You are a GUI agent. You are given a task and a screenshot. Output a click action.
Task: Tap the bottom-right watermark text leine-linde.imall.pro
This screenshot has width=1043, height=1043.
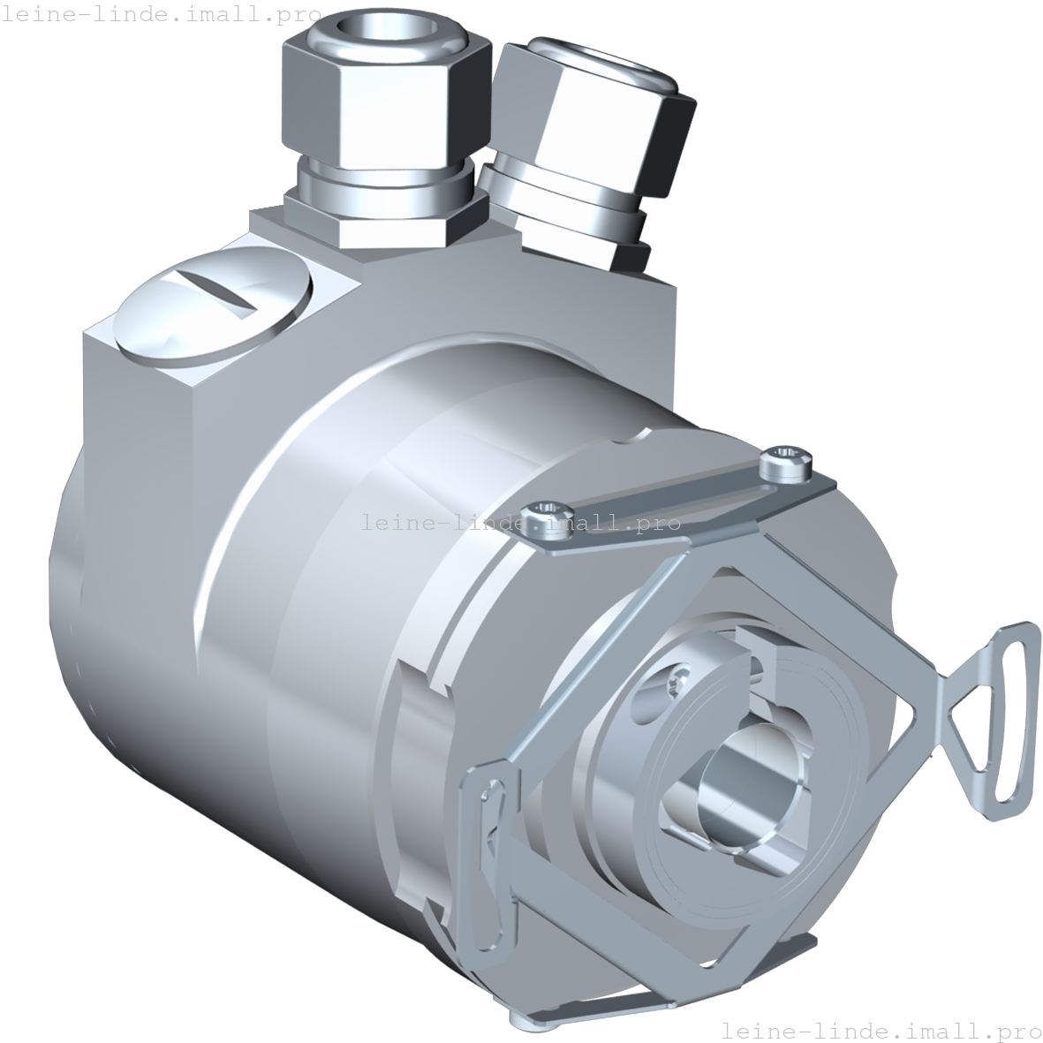pos(881,1030)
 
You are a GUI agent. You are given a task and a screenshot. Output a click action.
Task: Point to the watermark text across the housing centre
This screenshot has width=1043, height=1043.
pos(520,523)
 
